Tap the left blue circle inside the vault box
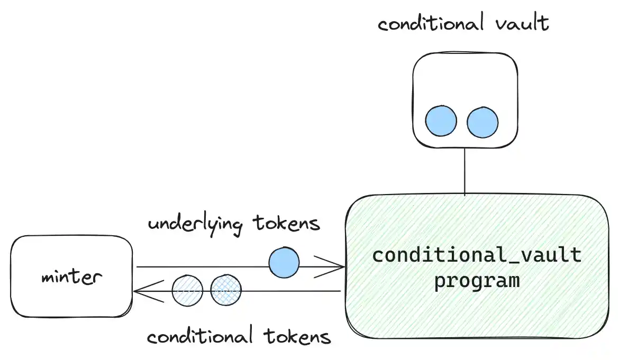pyautogui.click(x=441, y=121)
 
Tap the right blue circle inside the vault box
pyautogui.click(x=483, y=122)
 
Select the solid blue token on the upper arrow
pyautogui.click(x=284, y=262)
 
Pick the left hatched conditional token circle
pyautogui.click(x=188, y=290)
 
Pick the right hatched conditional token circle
pyautogui.click(x=226, y=290)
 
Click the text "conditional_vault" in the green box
pyautogui.click(x=477, y=255)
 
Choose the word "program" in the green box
pyautogui.click(x=477, y=280)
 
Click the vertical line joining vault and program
pyautogui.click(x=465, y=172)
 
